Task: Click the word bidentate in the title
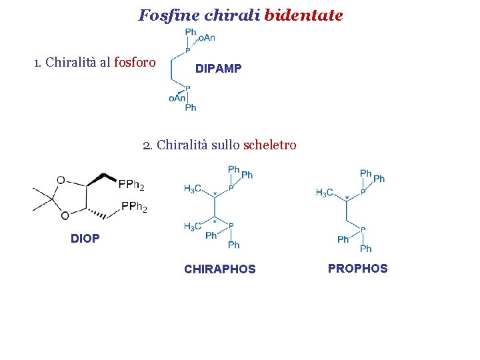[303, 15]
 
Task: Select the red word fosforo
[135, 63]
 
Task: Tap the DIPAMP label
[219, 69]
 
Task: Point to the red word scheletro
[270, 145]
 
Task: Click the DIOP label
[85, 238]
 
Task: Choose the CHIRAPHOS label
[219, 269]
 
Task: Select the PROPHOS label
[357, 268]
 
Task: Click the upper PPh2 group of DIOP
[131, 183]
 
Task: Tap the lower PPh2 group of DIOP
[134, 207]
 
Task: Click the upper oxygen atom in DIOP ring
[61, 180]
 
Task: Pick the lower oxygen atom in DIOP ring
[65, 215]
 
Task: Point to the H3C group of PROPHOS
[325, 193]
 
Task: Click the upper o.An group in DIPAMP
[206, 38]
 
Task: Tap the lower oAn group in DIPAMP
[177, 98]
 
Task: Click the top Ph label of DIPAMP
[191, 32]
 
